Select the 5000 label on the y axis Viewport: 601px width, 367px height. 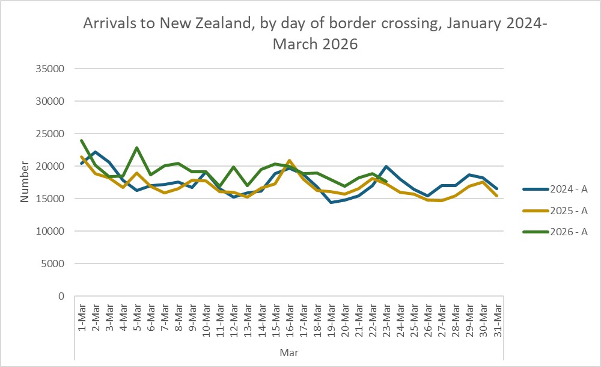[x=54, y=264]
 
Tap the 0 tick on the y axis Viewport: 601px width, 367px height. [x=61, y=296]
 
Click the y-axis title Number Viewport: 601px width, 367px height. [x=25, y=182]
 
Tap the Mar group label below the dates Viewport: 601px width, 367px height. [x=289, y=351]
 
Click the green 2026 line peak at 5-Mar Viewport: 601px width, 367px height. [x=137, y=147]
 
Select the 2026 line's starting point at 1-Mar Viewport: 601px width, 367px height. [x=82, y=140]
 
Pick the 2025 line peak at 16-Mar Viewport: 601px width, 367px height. [x=289, y=161]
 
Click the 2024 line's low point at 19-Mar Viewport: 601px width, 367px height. [x=331, y=202]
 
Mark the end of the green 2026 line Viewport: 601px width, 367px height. [x=386, y=181]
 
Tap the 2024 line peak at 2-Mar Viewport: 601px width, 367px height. [x=96, y=152]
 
